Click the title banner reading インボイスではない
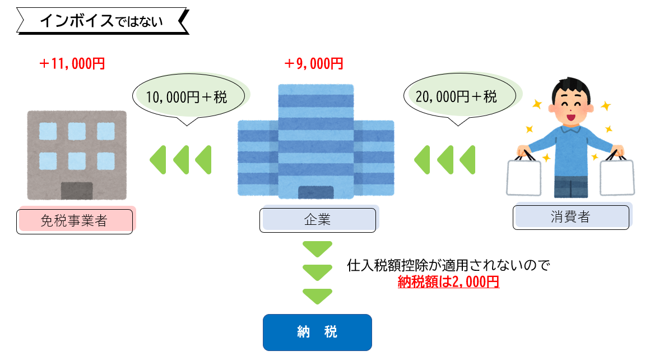101,22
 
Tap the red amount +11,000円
72,64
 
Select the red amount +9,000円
313,64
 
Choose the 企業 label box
317,220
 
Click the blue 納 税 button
317,332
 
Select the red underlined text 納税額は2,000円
448,282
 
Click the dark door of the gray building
77,191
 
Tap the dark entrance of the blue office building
316,192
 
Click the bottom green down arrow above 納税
317,295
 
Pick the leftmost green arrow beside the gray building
158,160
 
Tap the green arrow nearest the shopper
467,160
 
